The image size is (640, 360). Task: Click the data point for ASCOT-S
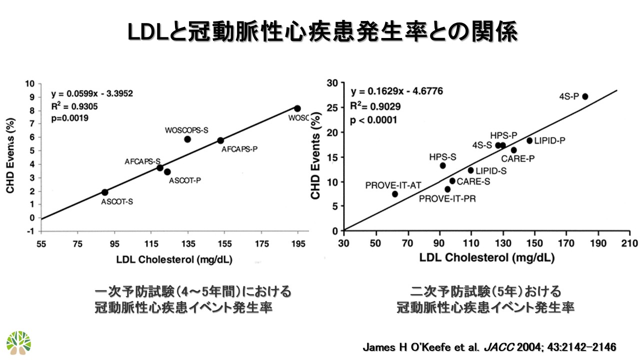pyautogui.click(x=104, y=192)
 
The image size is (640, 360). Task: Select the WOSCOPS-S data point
pyautogui.click(x=187, y=139)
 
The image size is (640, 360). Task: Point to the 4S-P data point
pyautogui.click(x=585, y=96)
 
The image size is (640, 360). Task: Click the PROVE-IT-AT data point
pyautogui.click(x=395, y=194)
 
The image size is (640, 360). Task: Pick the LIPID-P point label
pyautogui.click(x=549, y=140)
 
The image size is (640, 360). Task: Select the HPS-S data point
pyautogui.click(x=442, y=165)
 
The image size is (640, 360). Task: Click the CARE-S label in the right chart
pyautogui.click(x=473, y=181)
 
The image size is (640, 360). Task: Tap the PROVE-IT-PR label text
pyautogui.click(x=447, y=198)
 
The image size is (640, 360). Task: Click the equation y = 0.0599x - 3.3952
pyautogui.click(x=92, y=93)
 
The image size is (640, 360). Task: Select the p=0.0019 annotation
pyautogui.click(x=70, y=118)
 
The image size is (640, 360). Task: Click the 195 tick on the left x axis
pyautogui.click(x=298, y=243)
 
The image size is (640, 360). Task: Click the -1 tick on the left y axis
pyautogui.click(x=31, y=231)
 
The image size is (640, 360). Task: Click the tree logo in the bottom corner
pyautogui.click(x=19, y=343)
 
